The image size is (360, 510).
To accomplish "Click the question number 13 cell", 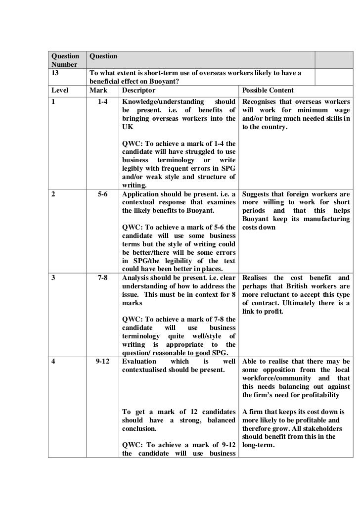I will [x=55, y=74].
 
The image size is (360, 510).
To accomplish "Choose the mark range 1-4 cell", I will [x=103, y=102].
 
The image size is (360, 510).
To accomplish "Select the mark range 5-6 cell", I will [x=103, y=194].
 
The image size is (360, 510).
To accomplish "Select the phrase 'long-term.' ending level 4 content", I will [x=259, y=445].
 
